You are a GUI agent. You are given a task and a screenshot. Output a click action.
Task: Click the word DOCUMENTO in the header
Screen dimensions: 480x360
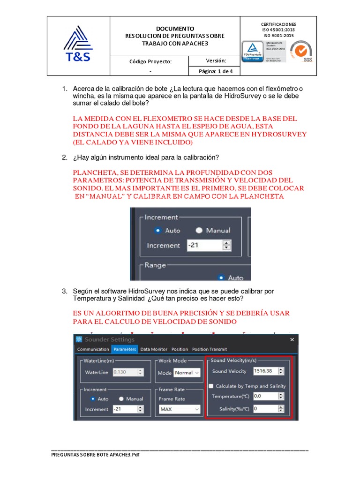(175, 29)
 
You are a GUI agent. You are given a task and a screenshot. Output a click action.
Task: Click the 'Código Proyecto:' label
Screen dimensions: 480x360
(150, 61)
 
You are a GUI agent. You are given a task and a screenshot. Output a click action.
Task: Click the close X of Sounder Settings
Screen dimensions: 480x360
(292, 339)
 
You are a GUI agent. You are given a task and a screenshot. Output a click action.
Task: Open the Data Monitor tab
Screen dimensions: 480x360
(154, 349)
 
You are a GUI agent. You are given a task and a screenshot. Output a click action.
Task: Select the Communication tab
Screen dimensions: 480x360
(93, 349)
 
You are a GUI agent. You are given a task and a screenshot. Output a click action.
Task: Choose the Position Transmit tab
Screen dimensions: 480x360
(210, 349)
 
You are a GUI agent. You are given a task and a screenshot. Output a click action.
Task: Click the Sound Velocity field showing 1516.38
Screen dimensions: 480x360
(265, 371)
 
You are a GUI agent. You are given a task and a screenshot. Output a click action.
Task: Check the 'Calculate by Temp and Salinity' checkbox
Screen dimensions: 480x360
(211, 386)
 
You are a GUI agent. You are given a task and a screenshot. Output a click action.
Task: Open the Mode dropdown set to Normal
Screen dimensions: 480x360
(187, 373)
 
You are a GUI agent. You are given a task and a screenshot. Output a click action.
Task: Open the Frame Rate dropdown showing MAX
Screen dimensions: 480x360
(180, 409)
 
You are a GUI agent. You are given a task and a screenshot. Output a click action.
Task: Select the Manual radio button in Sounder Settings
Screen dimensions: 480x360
(121, 399)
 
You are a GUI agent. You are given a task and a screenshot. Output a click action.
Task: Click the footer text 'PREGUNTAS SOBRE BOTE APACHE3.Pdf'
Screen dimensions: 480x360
(96, 455)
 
